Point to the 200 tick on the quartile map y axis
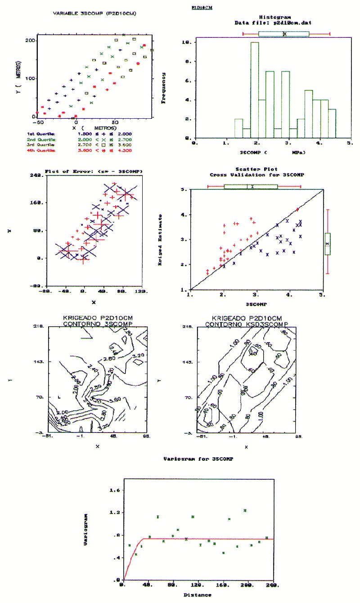coord(31,40)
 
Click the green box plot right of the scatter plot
coord(328,244)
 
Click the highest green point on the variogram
coord(245,510)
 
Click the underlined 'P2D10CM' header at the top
coord(202,8)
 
